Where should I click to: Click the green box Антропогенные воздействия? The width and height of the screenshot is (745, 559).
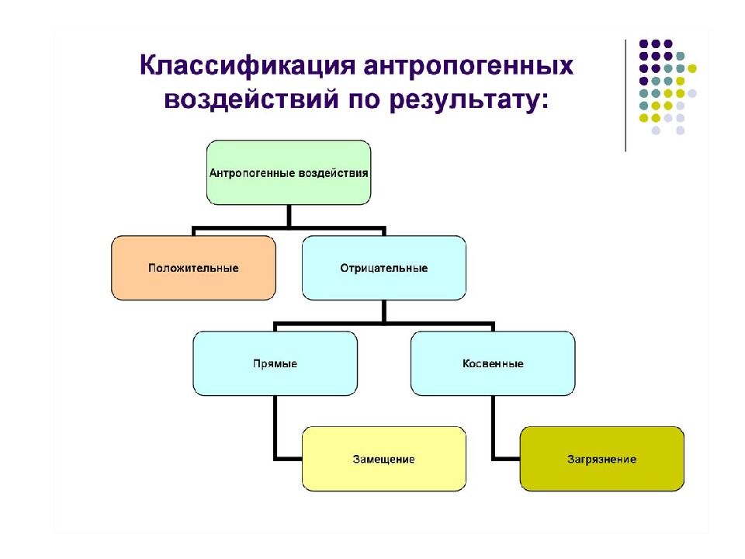pyautogui.click(x=289, y=172)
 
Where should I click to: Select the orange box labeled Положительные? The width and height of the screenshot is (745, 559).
pyautogui.click(x=193, y=268)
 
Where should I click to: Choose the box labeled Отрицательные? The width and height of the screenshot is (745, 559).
pyautogui.click(x=383, y=268)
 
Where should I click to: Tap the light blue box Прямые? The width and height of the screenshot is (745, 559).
pyautogui.click(x=275, y=363)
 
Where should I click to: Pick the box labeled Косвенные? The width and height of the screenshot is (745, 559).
pyautogui.click(x=493, y=363)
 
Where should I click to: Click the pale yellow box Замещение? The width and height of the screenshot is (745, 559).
pyautogui.click(x=383, y=459)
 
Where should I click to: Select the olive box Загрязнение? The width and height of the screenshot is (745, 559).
pyautogui.click(x=601, y=459)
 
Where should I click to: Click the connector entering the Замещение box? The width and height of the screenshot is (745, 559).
pyautogui.click(x=287, y=458)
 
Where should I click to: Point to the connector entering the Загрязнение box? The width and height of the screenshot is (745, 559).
pyautogui.click(x=506, y=458)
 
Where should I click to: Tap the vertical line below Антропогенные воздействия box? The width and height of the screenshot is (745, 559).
pyautogui.click(x=289, y=216)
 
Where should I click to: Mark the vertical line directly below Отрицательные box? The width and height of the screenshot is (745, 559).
pyautogui.click(x=384, y=311)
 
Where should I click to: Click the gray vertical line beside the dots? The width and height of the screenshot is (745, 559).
pyautogui.click(x=625, y=93)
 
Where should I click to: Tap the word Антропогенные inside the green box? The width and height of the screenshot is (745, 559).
pyautogui.click(x=252, y=172)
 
